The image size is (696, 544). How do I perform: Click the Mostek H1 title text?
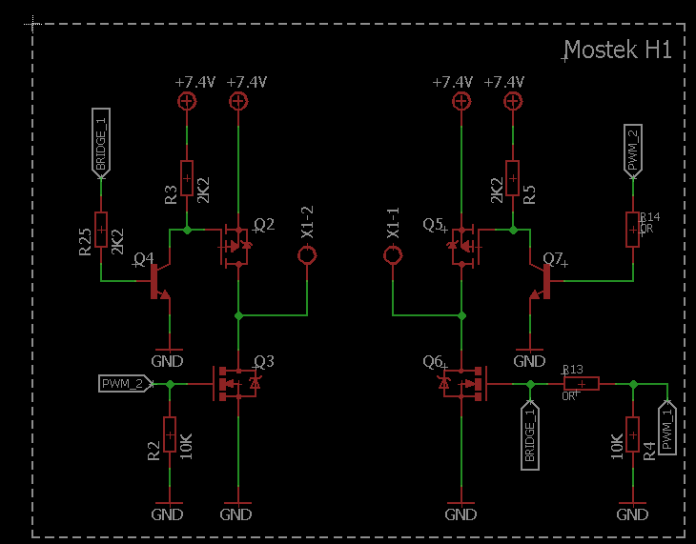618,50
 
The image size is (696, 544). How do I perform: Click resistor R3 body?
187,178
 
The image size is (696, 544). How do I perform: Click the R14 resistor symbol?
632,229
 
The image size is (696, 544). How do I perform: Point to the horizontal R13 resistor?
581,383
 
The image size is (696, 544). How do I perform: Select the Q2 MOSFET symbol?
235,246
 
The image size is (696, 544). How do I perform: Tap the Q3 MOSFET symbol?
235,383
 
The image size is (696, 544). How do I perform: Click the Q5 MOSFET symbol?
463,246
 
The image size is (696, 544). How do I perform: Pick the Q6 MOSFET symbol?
463,383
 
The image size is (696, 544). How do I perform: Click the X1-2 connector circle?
307,255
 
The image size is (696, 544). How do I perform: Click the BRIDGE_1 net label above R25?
100,141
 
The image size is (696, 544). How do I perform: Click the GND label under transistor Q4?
168,361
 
